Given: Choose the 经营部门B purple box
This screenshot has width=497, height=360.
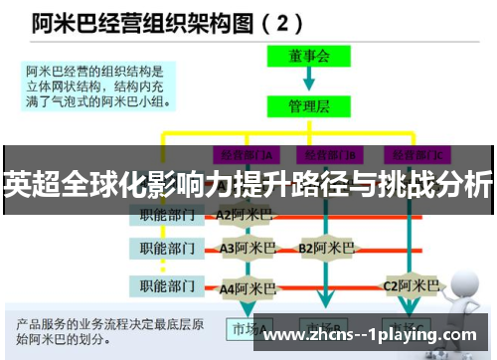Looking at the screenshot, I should click(x=331, y=155).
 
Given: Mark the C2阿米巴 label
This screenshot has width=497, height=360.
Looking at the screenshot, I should click(x=411, y=287).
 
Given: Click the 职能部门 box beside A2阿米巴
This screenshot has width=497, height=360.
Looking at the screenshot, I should click(x=167, y=214).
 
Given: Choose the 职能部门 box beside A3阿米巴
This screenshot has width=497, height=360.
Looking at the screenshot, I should click(x=167, y=248).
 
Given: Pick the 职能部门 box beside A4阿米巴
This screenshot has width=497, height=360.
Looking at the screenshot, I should click(x=167, y=287).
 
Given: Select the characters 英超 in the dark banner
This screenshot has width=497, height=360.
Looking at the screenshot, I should click(x=29, y=185).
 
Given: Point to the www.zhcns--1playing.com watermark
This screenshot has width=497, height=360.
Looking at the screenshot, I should click(x=374, y=335).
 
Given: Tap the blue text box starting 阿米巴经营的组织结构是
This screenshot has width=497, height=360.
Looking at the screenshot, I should click(x=98, y=85).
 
